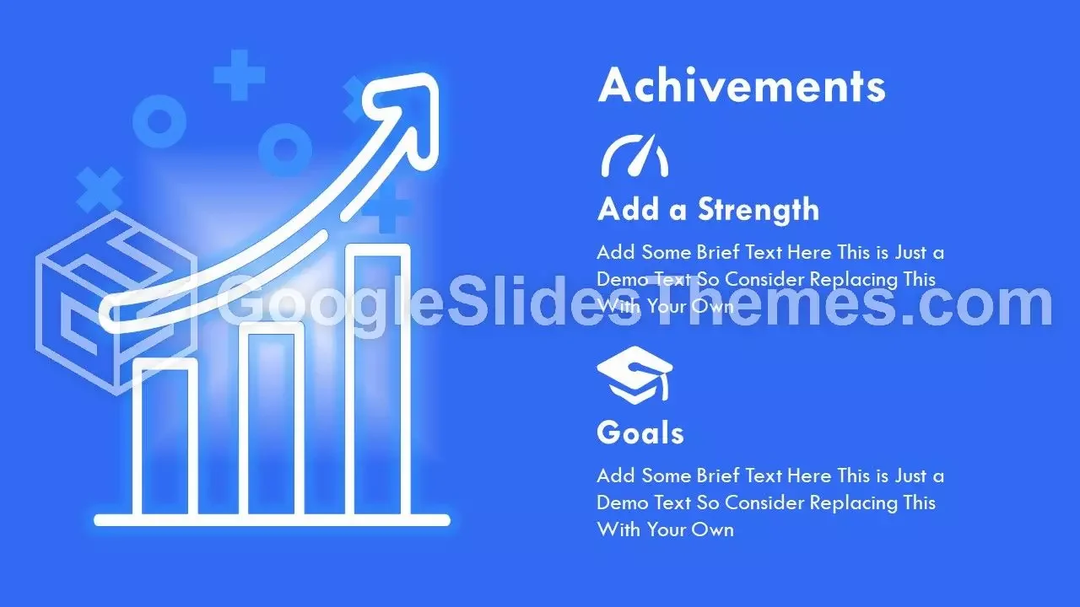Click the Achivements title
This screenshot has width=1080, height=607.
pos(742,85)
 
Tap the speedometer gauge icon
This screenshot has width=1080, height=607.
pos(634,156)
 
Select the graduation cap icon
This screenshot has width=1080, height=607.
pos(634,375)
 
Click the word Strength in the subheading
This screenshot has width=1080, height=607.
pos(759,210)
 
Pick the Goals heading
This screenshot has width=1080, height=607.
pos(640,432)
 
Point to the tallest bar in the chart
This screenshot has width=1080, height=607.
pos(377,379)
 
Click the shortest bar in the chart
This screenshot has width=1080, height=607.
pos(165,437)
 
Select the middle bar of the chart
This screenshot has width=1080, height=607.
pos(272,419)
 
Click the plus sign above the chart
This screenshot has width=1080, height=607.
pos(239,75)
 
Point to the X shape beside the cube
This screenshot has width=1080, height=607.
pos(100,190)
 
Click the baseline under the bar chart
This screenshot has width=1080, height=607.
pos(272,520)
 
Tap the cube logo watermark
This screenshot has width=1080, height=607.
pos(116,303)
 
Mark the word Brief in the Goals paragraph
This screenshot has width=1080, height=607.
pos(718,476)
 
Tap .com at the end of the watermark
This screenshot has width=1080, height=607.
pos(978,304)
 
